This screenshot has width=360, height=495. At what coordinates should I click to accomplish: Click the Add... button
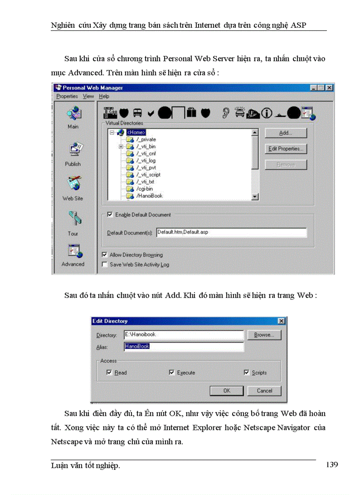click(x=285, y=133)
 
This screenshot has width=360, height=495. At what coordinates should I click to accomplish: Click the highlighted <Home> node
click(x=136, y=132)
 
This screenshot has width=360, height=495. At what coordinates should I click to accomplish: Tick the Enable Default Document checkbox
click(x=110, y=215)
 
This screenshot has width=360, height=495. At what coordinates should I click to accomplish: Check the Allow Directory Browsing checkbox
click(x=104, y=255)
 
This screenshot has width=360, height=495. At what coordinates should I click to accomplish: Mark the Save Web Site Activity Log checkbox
click(x=104, y=264)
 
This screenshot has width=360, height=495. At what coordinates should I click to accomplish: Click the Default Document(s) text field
click(x=231, y=232)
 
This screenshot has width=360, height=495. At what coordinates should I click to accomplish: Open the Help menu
click(x=104, y=96)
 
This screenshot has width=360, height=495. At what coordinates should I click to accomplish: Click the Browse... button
click(x=264, y=335)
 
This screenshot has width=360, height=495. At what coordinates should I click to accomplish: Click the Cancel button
click(x=265, y=391)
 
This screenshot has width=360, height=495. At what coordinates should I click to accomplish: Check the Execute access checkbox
click(x=172, y=372)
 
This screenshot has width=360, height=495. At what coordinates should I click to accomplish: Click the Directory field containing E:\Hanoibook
click(x=183, y=335)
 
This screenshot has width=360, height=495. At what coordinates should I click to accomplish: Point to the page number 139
click(x=331, y=465)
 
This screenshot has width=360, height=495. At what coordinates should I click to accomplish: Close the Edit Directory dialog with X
click(x=281, y=321)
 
